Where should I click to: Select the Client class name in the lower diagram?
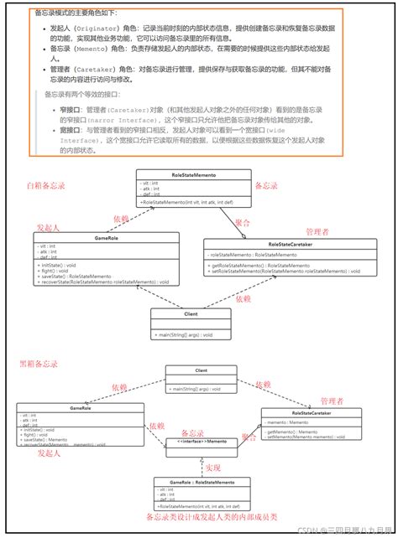[201, 370]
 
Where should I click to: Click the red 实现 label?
[212, 468]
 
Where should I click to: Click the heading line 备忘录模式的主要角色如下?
[76, 14]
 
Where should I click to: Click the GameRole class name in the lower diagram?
[81, 407]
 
